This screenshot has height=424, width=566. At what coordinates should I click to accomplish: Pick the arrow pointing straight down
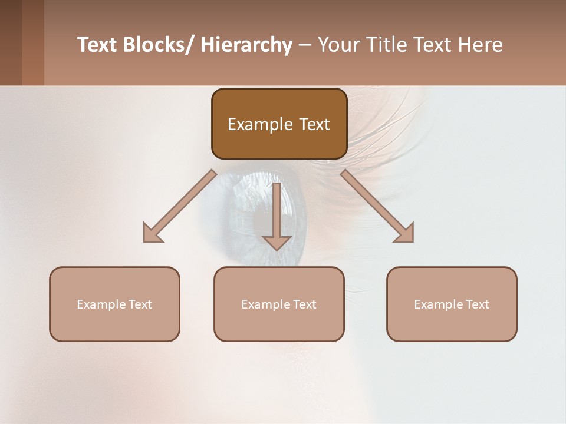pyautogui.click(x=277, y=215)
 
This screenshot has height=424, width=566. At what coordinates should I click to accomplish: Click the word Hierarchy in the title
pyautogui.click(x=246, y=45)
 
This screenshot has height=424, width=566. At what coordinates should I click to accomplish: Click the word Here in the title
pyautogui.click(x=480, y=45)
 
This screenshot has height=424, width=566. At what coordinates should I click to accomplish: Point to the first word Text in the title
pyautogui.click(x=97, y=45)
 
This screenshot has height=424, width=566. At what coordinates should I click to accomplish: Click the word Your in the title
pyautogui.click(x=339, y=45)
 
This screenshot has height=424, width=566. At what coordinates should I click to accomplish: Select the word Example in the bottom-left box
pyautogui.click(x=101, y=304)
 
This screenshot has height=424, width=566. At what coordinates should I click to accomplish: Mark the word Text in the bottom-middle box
pyautogui.click(x=304, y=304)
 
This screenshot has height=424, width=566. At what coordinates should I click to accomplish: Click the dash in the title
pyautogui.click(x=305, y=45)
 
